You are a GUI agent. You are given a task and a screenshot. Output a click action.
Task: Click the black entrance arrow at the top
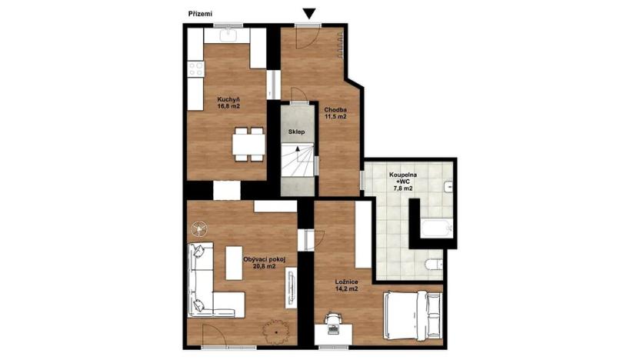point(309,12)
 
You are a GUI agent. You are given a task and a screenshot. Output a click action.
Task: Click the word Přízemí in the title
point(201,13)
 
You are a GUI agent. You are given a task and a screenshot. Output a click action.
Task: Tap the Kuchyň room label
point(228,102)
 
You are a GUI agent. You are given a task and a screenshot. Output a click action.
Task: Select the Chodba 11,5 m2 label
point(335,113)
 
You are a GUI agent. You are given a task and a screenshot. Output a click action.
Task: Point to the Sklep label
point(296,132)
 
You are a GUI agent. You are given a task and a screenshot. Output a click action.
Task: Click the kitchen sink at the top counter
point(229,35)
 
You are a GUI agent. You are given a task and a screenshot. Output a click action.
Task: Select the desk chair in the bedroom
point(333,319)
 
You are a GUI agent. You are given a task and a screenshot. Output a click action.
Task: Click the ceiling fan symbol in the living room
point(199,228)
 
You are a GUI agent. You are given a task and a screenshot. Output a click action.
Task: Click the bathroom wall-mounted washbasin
point(448,186)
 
